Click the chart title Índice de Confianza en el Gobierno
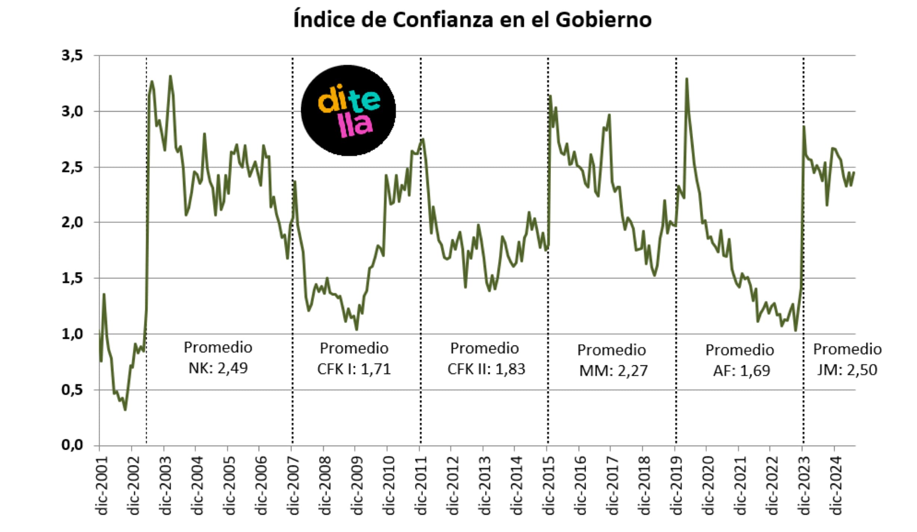[472, 19]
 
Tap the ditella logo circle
[348, 110]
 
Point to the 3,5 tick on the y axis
[72, 55]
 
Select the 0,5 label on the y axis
[72, 390]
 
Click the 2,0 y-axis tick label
[72, 222]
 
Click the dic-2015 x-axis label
[549, 485]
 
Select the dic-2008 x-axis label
[325, 485]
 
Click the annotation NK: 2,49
[218, 368]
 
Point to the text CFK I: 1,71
[354, 369]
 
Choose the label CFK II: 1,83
[486, 369]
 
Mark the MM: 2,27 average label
[613, 371]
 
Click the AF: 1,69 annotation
[741, 371]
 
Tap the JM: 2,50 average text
[847, 370]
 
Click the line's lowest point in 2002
[125, 410]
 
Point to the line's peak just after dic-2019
[687, 79]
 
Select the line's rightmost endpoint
[854, 172]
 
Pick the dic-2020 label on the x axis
[708, 485]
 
